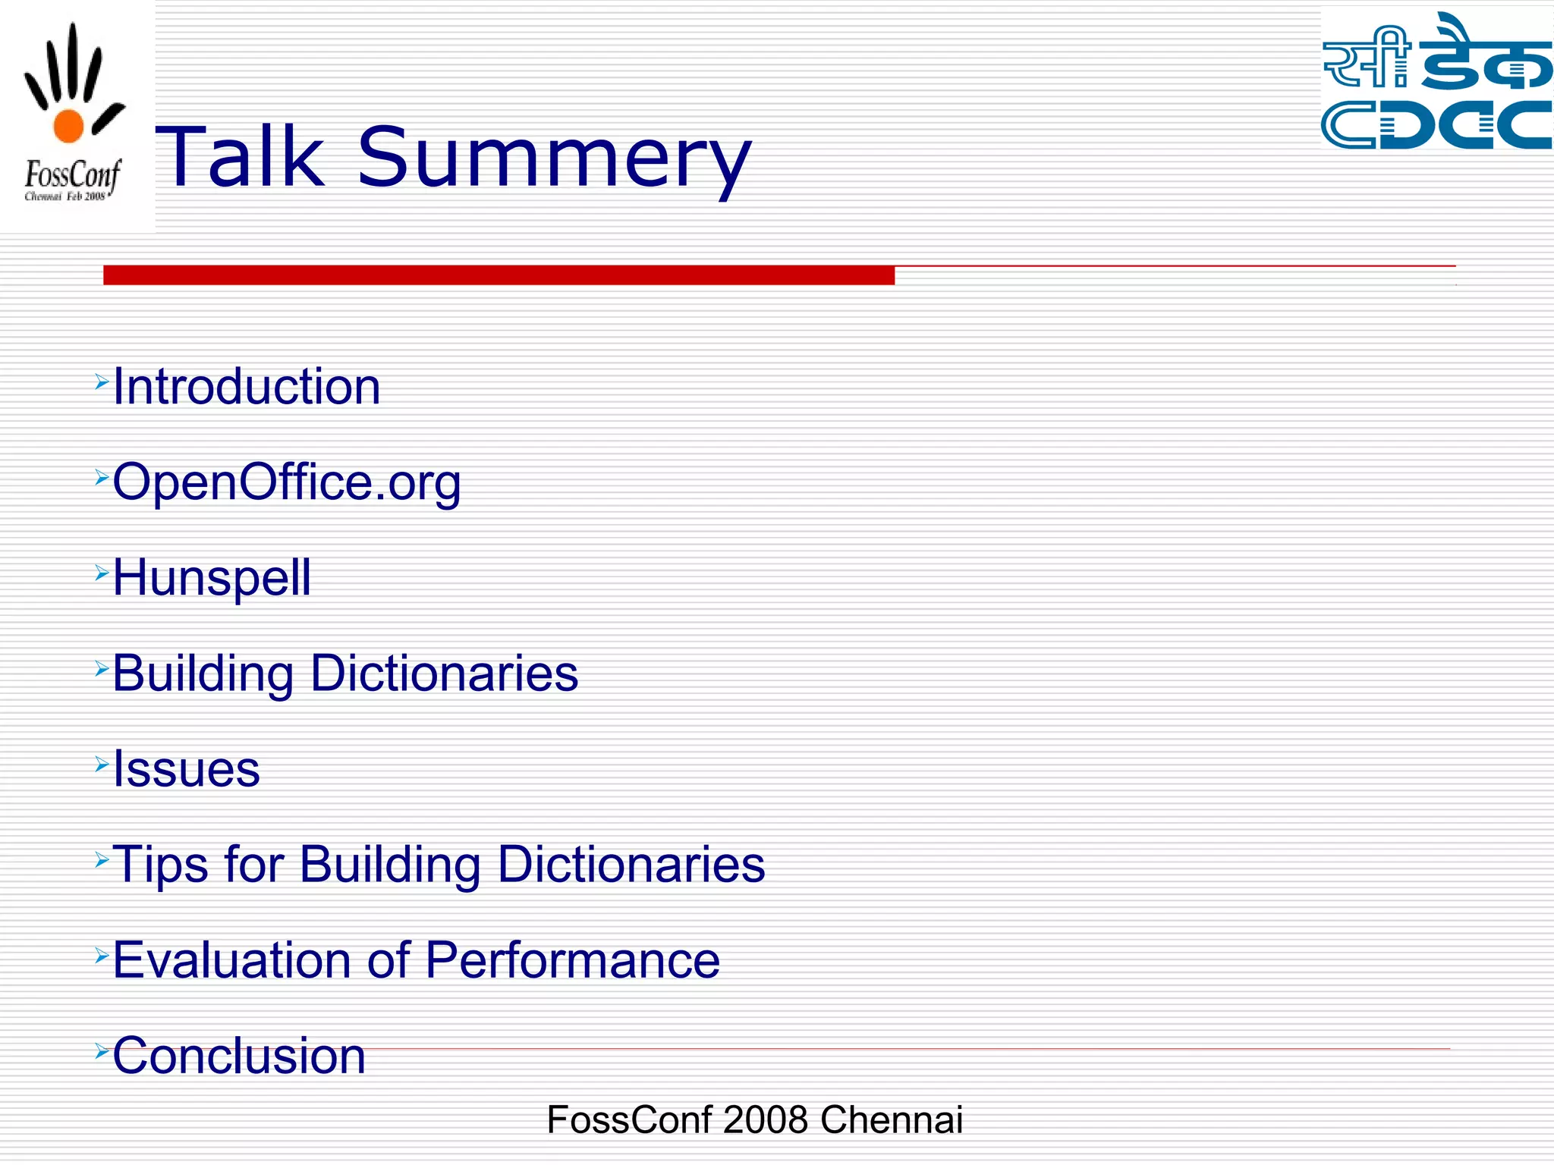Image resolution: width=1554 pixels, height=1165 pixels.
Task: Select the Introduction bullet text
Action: [247, 387]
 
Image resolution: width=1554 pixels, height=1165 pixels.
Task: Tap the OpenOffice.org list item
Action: [287, 482]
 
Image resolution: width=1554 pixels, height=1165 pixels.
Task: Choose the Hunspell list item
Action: [212, 578]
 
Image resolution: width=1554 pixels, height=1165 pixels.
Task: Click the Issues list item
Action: [187, 769]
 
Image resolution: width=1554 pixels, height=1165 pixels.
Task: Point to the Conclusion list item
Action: [239, 1056]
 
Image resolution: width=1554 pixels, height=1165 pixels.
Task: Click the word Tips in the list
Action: [160, 865]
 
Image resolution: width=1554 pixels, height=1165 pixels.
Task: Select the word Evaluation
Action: [232, 960]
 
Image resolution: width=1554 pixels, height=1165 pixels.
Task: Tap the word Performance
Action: [572, 960]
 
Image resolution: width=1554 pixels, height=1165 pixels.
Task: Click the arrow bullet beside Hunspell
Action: [102, 573]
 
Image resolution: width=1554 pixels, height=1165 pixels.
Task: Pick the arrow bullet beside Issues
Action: [102, 764]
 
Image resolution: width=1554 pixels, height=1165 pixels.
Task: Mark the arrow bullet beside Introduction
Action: [102, 382]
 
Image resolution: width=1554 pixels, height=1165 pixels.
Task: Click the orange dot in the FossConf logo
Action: [68, 126]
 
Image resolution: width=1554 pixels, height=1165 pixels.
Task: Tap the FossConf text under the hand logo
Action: [72, 175]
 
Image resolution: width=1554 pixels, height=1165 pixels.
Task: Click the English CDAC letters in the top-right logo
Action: [1436, 124]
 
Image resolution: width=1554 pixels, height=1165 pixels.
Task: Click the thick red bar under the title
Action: [499, 275]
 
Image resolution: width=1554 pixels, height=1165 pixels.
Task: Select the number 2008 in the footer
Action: [765, 1120]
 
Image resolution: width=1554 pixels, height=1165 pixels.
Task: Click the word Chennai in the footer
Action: [891, 1120]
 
